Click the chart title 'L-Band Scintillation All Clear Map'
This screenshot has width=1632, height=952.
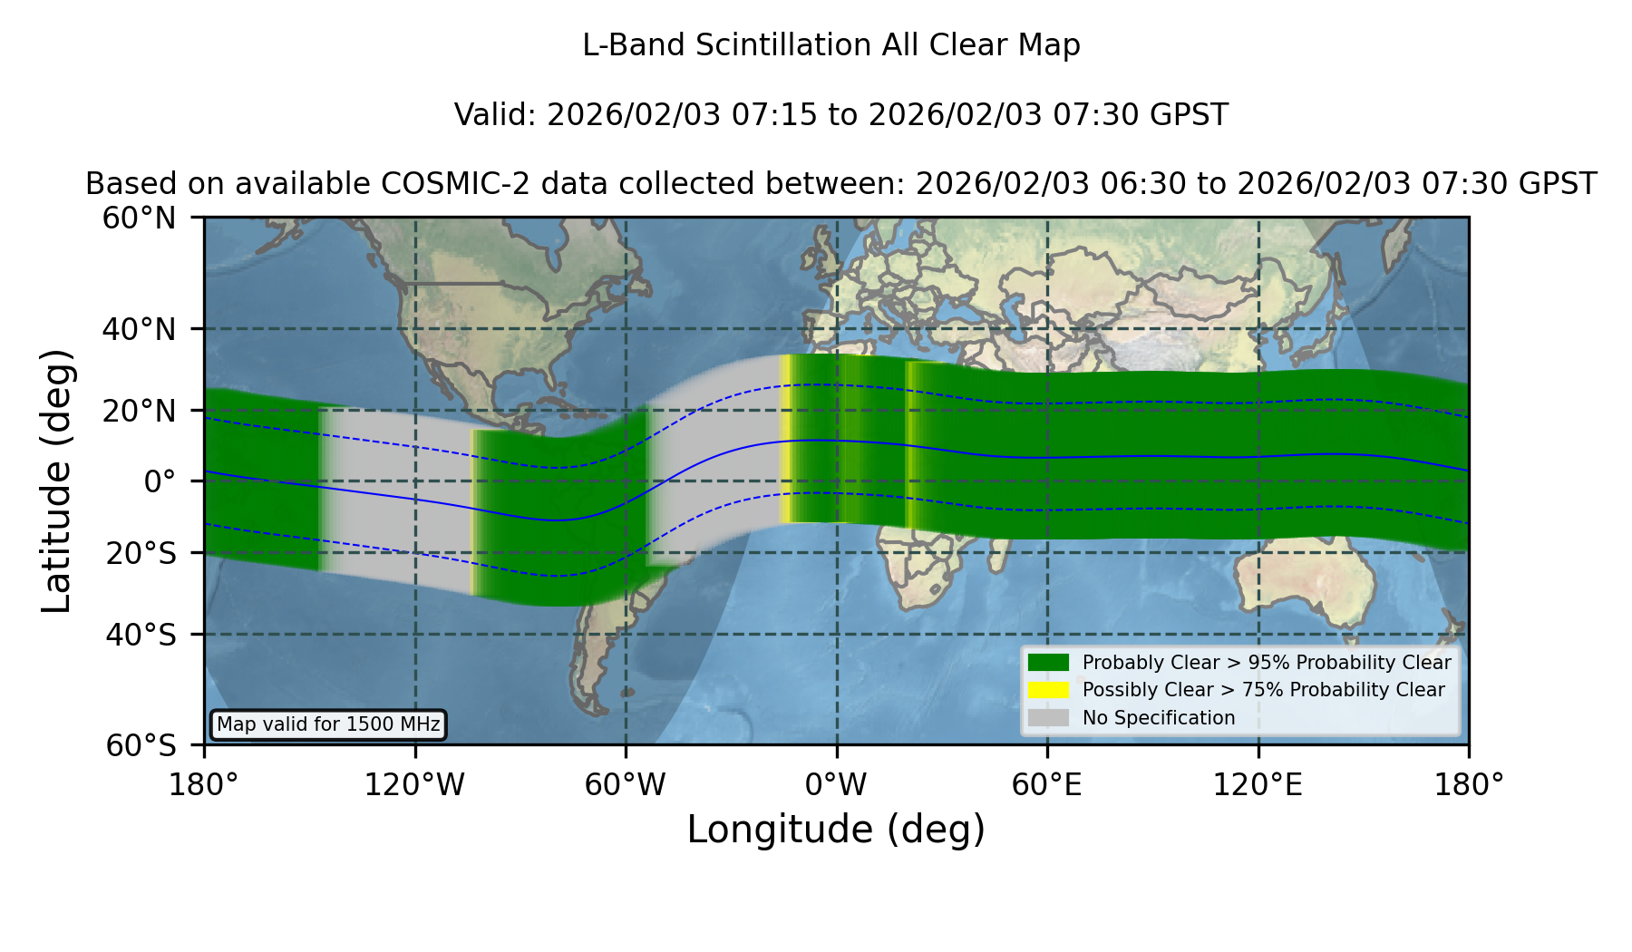tap(831, 45)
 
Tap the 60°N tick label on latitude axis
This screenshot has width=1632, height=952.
tap(139, 219)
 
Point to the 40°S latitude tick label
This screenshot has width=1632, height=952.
tap(141, 635)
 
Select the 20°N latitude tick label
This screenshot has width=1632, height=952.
tap(139, 411)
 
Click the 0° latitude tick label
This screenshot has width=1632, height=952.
tap(160, 481)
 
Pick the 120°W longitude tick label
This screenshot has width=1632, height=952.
tap(414, 784)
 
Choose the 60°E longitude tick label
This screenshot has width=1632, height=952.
tap(1047, 784)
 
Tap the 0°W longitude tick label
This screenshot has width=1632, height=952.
tap(837, 784)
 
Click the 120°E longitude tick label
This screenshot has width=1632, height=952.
tap(1258, 784)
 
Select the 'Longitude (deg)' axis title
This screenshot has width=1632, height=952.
tap(836, 830)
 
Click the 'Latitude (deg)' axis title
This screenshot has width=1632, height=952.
tap(57, 481)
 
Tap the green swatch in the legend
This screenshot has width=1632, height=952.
tap(1048, 662)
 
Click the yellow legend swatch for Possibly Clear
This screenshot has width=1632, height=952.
tap(1048, 690)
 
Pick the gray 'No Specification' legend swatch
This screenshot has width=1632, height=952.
tap(1048, 718)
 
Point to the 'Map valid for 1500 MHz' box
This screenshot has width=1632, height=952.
tap(328, 724)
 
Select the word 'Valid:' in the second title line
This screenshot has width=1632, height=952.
tap(496, 115)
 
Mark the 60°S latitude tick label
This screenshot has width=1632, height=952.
tap(141, 745)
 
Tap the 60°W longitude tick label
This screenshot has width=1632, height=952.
tap(626, 784)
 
